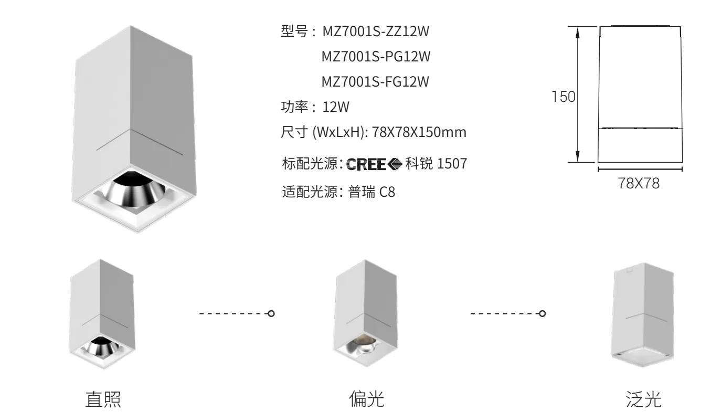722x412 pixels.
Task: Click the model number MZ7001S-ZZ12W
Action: click(376, 31)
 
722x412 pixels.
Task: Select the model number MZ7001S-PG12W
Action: click(376, 57)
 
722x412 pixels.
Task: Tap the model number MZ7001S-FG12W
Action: click(376, 82)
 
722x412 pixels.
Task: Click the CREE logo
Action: click(374, 164)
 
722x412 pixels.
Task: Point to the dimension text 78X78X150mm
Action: click(419, 132)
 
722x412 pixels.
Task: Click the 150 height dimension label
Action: click(564, 97)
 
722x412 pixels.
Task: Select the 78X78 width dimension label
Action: click(639, 184)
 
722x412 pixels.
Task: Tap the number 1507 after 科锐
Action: click(452, 164)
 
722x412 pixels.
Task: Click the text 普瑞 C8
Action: click(371, 192)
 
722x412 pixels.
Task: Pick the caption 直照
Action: click(103, 400)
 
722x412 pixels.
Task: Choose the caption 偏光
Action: click(367, 399)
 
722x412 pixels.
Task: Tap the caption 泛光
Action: click(643, 400)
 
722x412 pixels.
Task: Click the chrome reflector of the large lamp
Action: click(134, 189)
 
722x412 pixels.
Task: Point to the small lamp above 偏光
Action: click(365, 313)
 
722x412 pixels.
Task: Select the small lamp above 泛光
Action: click(642, 314)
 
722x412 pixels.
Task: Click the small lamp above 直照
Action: click(102, 314)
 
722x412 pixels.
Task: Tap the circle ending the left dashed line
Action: click(271, 313)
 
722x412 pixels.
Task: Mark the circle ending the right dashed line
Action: click(543, 313)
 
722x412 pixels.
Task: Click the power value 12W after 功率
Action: click(336, 107)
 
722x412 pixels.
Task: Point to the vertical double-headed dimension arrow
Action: click(578, 94)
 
